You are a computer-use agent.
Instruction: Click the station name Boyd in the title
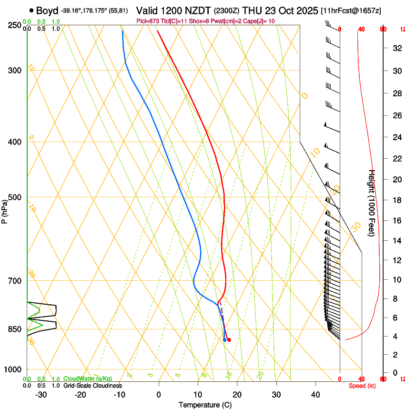pos(47,10)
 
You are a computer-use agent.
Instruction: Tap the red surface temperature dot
pos(229,340)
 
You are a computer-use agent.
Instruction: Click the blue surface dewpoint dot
pos(224,339)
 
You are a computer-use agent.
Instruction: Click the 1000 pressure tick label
pos(13,369)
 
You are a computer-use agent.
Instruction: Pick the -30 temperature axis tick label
pos(41,394)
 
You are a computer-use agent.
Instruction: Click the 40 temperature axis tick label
pos(315,394)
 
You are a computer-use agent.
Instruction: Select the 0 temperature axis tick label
pos(159,394)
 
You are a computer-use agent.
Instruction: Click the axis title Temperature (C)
pos(205,405)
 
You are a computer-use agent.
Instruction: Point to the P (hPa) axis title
pos(5,210)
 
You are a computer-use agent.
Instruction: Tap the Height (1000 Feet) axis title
pos(372,203)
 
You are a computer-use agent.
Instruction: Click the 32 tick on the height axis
pos(396,48)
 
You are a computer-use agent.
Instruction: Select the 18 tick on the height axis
pos(396,200)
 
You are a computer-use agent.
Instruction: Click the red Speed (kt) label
pos(362,386)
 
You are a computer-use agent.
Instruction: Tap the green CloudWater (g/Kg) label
pos(88,379)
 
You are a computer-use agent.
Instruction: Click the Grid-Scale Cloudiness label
pos(92,385)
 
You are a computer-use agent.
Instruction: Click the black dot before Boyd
pos(31,10)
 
